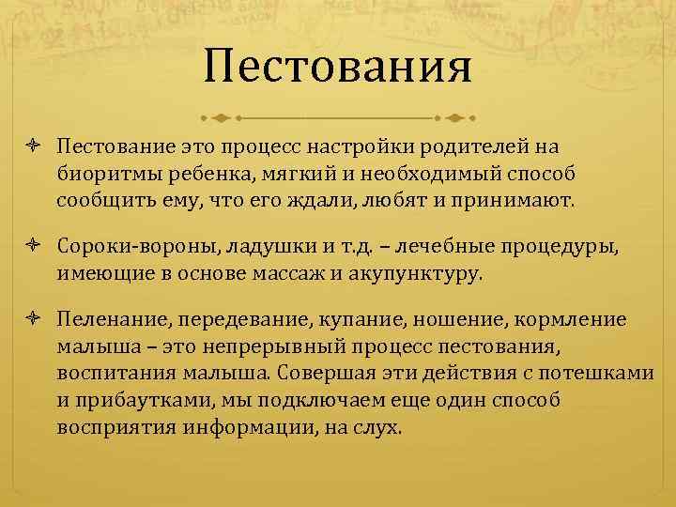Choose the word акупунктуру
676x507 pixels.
click(417, 275)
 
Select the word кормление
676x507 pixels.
click(571, 319)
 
